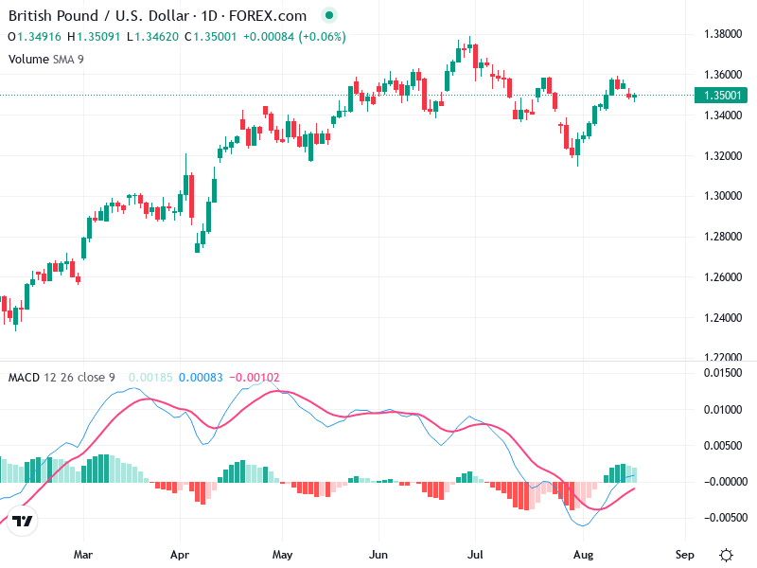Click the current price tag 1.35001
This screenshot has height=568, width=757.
(x=723, y=95)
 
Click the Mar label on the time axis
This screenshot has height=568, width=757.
(x=83, y=552)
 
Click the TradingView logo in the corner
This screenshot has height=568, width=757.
(x=24, y=521)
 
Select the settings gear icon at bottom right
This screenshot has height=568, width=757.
(x=726, y=554)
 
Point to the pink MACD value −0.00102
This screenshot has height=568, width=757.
(x=255, y=378)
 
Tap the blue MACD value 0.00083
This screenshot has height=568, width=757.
(x=201, y=378)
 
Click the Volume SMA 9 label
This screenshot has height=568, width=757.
(x=46, y=59)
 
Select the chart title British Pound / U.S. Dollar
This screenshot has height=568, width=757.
(x=90, y=16)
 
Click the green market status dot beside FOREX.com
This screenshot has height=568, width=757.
(x=328, y=16)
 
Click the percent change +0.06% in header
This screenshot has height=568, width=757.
(x=323, y=37)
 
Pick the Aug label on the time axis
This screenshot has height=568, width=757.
(x=584, y=552)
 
